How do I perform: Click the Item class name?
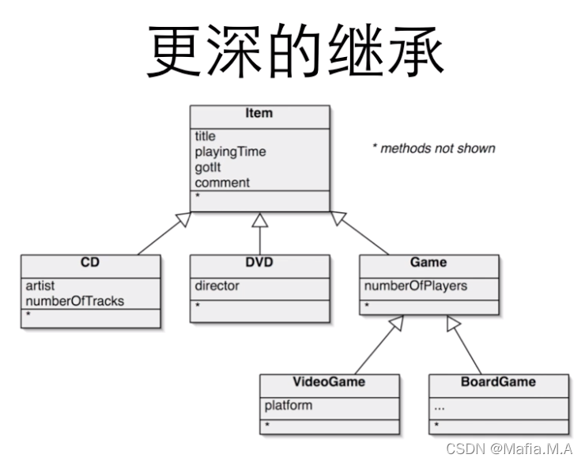[x=259, y=113]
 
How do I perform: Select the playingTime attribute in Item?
[x=230, y=152]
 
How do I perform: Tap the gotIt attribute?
[x=209, y=167]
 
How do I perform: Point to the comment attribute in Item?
[x=222, y=183]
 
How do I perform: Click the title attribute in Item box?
[x=205, y=136]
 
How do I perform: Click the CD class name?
[x=90, y=263]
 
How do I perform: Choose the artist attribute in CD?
[x=40, y=286]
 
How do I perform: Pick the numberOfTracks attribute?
[x=74, y=301]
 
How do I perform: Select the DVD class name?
[x=259, y=263]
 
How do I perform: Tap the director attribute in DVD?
[x=217, y=286]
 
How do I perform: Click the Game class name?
[x=428, y=263]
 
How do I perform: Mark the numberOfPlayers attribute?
[x=415, y=286]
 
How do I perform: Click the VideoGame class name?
[x=329, y=382]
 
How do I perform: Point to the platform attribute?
[x=288, y=405]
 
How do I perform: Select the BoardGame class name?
[x=498, y=382]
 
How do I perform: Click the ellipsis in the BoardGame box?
[x=440, y=407]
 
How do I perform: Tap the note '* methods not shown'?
[x=433, y=148]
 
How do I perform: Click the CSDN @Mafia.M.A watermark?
[x=509, y=449]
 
